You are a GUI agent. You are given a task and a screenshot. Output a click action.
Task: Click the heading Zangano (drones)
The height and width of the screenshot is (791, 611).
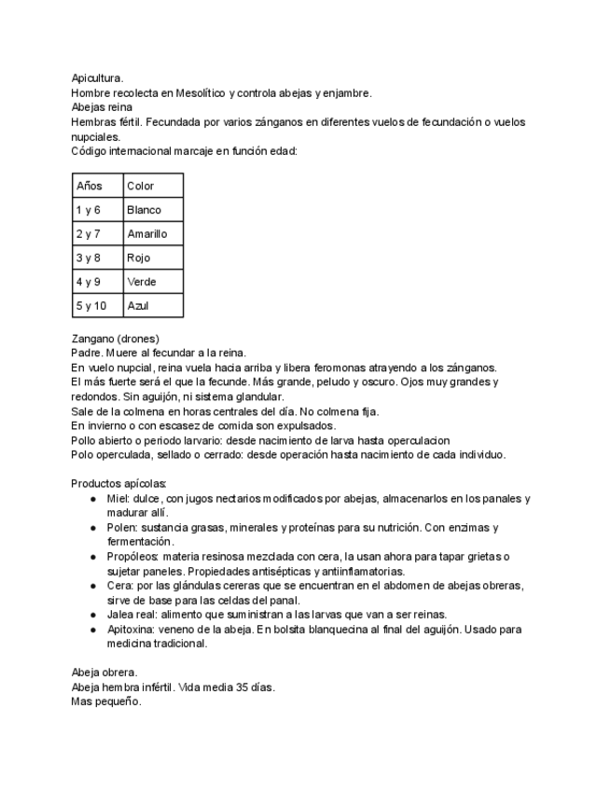pos(115,338)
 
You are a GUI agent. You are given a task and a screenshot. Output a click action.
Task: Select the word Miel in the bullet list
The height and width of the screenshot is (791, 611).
pos(118,499)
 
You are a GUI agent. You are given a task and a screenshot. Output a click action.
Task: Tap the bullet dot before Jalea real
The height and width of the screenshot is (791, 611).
pos(93,615)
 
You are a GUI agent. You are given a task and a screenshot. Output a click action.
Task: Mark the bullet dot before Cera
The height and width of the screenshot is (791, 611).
pos(93,586)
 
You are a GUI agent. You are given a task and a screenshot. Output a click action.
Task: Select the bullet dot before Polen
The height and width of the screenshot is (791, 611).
pos(93,528)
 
